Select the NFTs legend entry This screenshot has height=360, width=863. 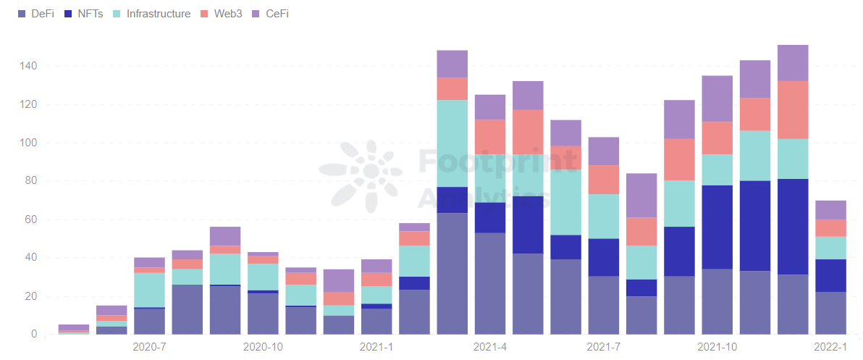click(84, 14)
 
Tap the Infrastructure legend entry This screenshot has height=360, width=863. click(151, 14)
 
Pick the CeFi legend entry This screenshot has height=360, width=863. click(270, 14)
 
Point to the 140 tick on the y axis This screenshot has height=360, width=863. click(28, 66)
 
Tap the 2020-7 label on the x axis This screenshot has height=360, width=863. click(149, 347)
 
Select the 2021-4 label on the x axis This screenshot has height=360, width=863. click(490, 347)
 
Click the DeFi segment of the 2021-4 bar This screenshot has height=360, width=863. click(490, 283)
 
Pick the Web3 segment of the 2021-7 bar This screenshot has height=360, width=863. click(604, 180)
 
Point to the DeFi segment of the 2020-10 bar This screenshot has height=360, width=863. click(263, 314)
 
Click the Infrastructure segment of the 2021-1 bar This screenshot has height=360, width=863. click(376, 295)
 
